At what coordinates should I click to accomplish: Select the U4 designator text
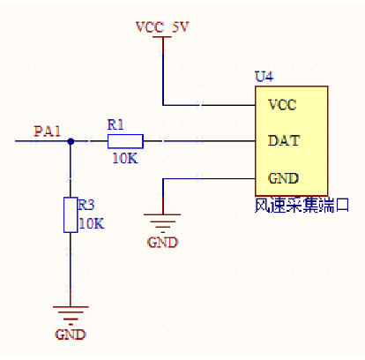click(264, 77)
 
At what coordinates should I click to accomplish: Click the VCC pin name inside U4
click(281, 104)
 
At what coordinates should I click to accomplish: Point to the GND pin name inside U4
click(281, 177)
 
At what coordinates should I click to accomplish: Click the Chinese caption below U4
click(302, 205)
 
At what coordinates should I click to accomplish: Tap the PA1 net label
click(48, 131)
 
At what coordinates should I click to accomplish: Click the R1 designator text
click(115, 124)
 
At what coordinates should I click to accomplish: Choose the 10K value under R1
click(123, 158)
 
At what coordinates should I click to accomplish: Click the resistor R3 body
click(71, 214)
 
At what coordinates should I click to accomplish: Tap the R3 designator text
click(86, 205)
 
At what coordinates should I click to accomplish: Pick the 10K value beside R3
click(91, 223)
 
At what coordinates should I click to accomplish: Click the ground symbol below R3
click(71, 313)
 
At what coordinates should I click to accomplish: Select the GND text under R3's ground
click(70, 335)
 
